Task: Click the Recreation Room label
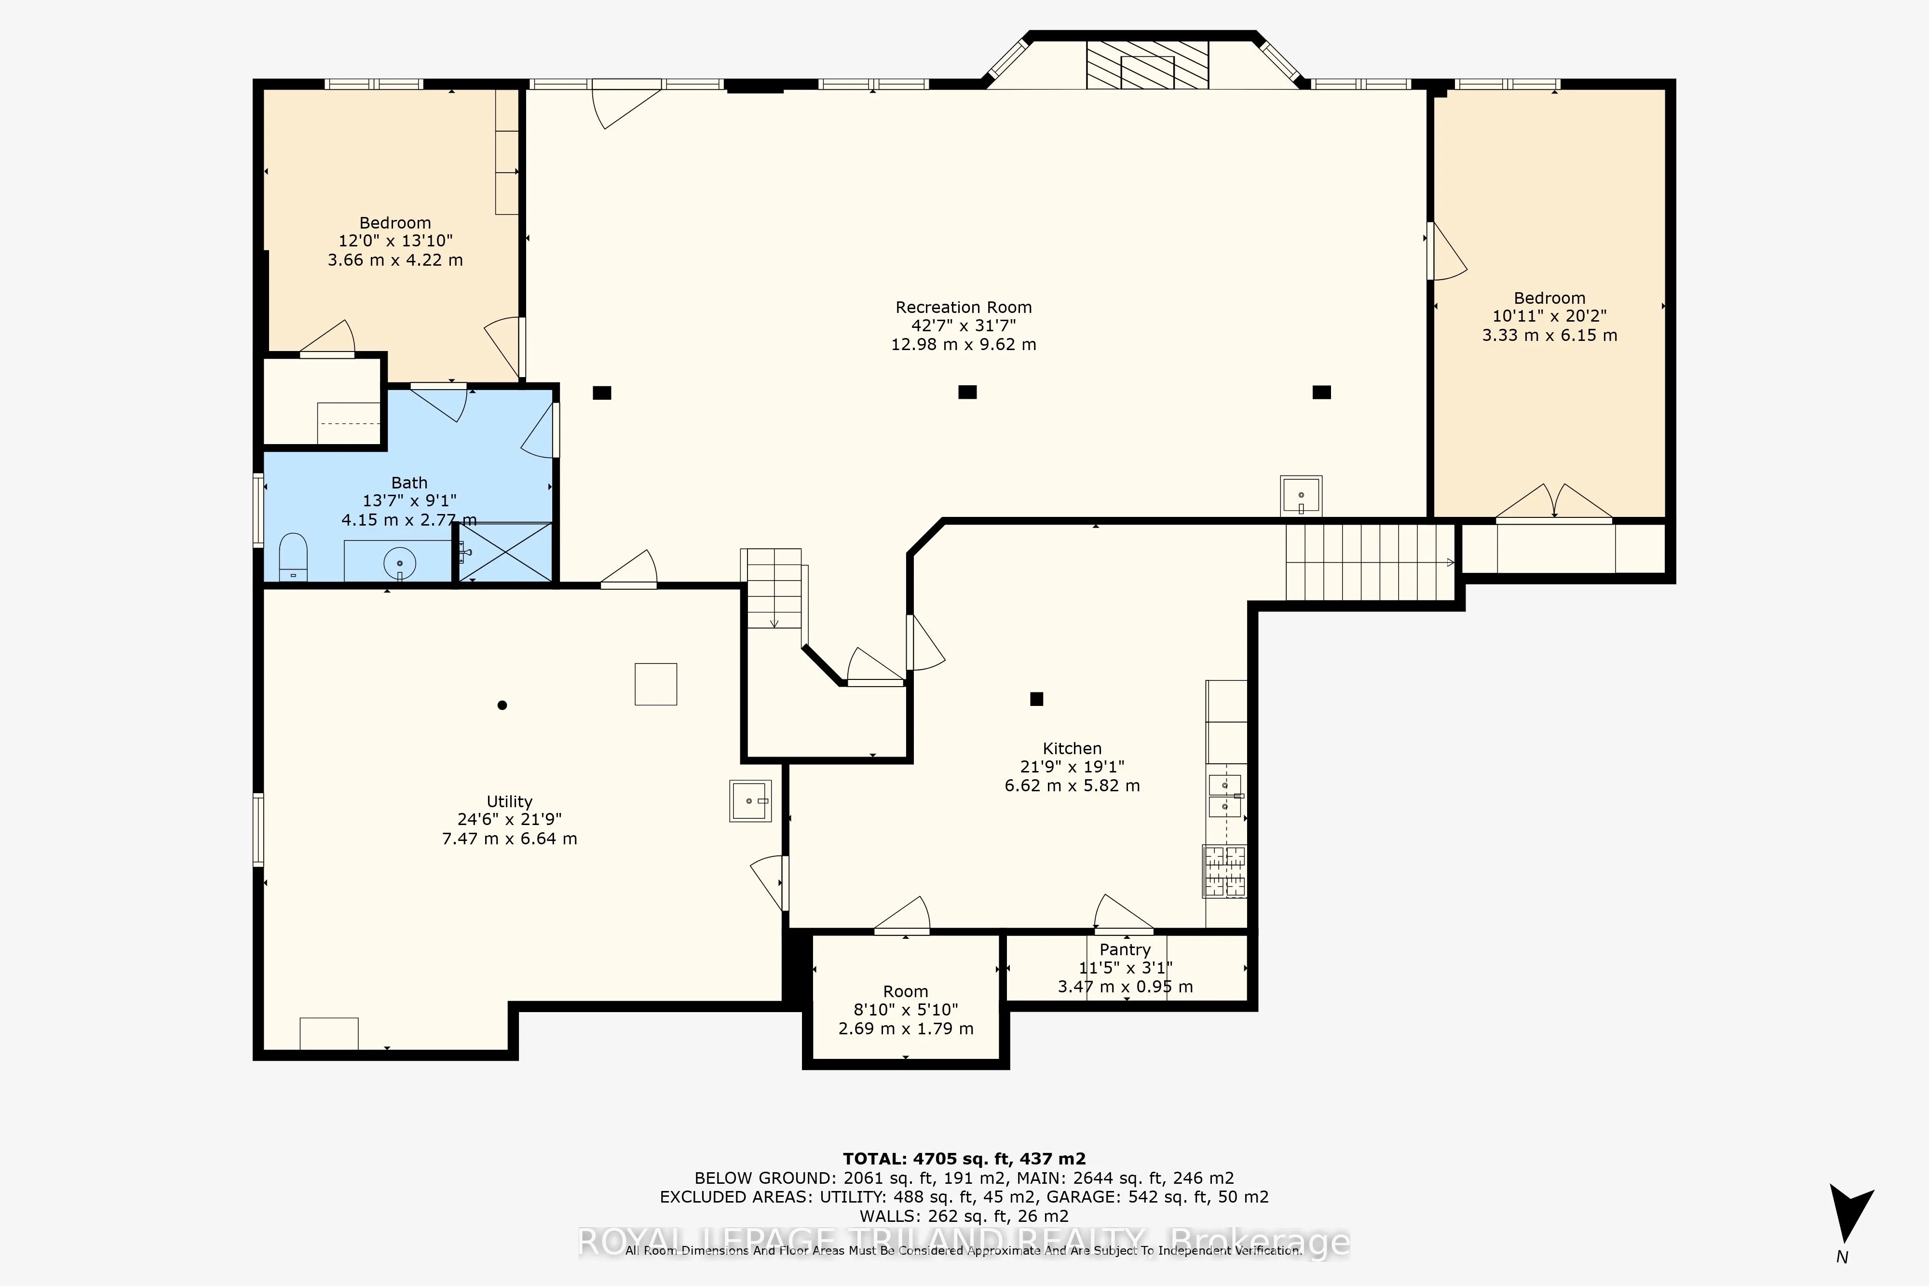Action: pyautogui.click(x=964, y=308)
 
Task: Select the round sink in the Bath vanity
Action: pyautogui.click(x=399, y=564)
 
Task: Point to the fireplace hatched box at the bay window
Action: pyautogui.click(x=1147, y=64)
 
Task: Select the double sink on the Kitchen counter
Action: pyautogui.click(x=1225, y=796)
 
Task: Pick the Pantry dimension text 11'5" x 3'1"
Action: pyautogui.click(x=1125, y=968)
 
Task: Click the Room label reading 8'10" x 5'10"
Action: pyautogui.click(x=906, y=1010)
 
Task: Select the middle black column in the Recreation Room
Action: pyautogui.click(x=967, y=392)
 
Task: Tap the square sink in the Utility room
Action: pyautogui.click(x=749, y=800)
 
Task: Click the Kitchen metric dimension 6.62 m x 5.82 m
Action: pyautogui.click(x=1072, y=785)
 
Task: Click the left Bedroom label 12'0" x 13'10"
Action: pyautogui.click(x=395, y=241)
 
